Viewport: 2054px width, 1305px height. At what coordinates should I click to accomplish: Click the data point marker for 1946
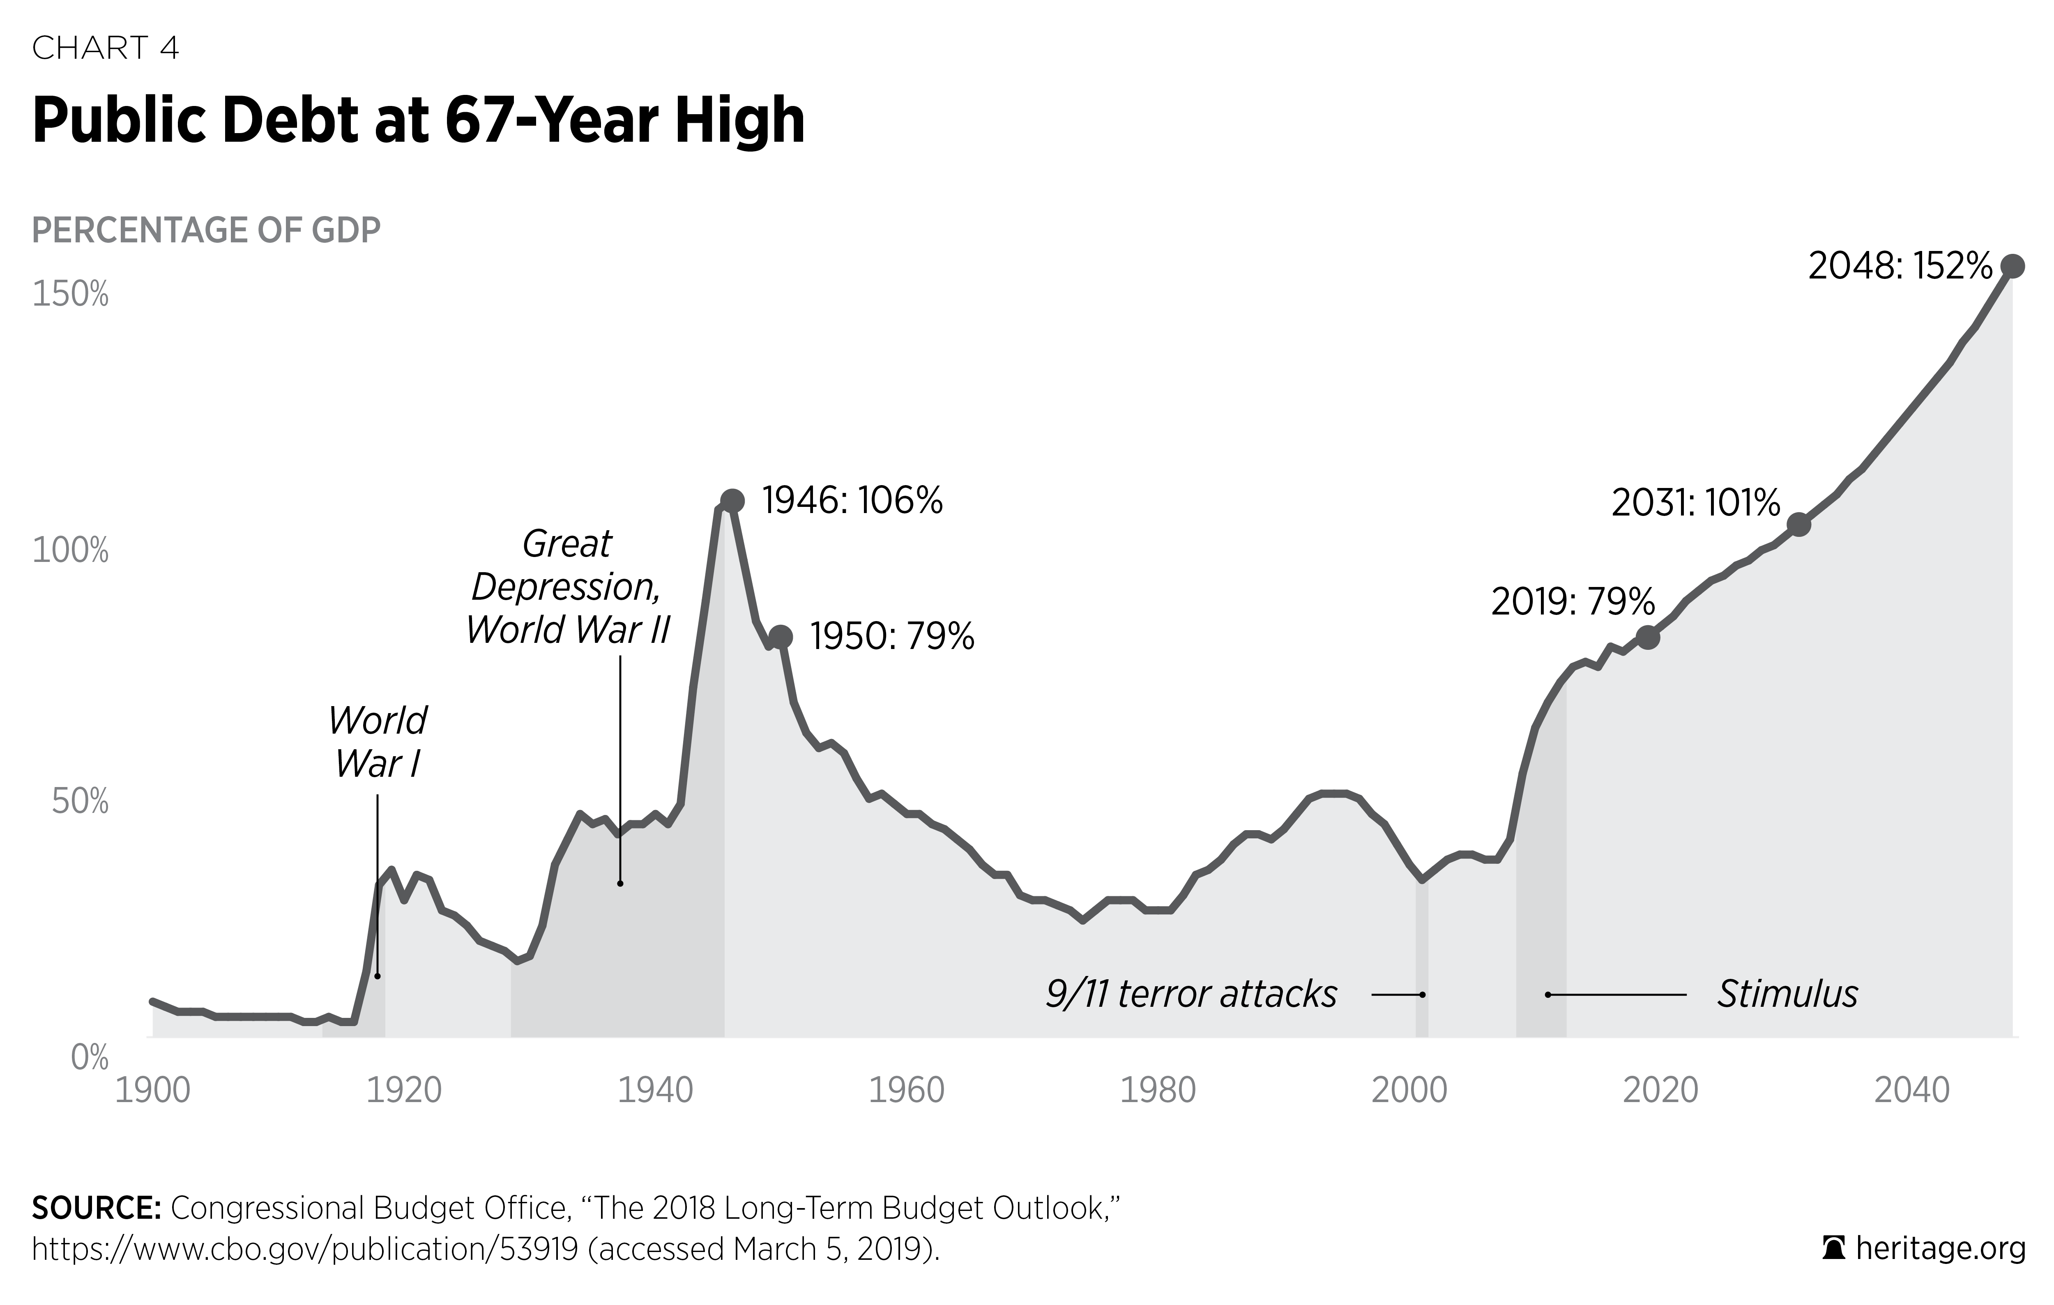[732, 501]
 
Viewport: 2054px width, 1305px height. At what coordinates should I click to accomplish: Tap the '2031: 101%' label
[1695, 503]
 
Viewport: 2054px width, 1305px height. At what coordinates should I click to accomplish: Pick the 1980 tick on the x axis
[1158, 1090]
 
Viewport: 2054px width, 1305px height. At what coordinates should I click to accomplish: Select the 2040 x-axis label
[1911, 1090]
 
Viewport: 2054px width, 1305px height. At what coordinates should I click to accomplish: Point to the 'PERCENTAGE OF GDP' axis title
[205, 230]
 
